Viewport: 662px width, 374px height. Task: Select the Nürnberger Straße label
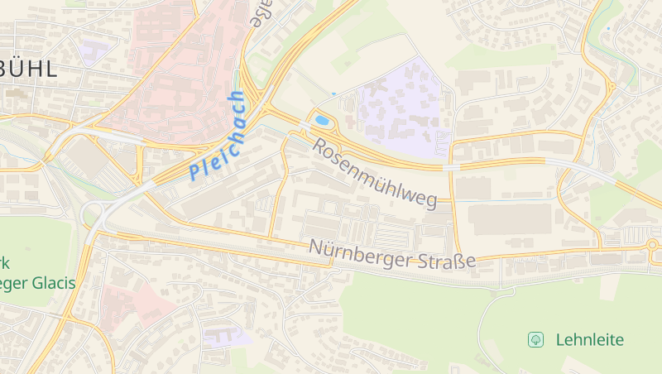392,254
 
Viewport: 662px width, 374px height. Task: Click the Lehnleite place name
590,339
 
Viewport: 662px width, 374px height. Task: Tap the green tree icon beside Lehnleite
536,338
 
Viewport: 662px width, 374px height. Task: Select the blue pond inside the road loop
323,121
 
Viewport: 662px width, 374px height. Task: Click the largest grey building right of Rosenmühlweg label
509,218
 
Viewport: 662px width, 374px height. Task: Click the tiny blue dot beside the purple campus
334,94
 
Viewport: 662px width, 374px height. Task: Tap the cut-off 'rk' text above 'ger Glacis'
5,264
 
